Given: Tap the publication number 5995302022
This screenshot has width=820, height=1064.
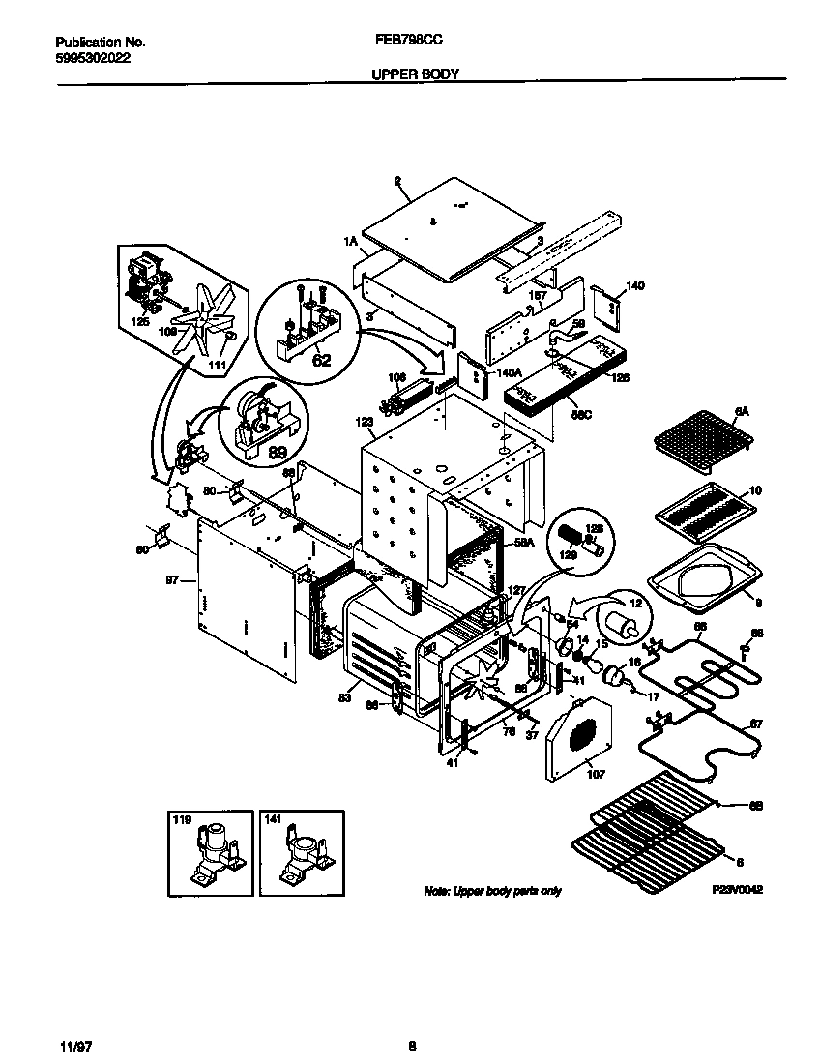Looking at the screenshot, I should pos(93,57).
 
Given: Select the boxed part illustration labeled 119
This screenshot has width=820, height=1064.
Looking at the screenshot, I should pos(206,853).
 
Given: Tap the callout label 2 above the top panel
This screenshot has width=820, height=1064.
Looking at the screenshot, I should pos(397,181).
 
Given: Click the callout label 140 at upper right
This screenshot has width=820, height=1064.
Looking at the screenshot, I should pos(634,286).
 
